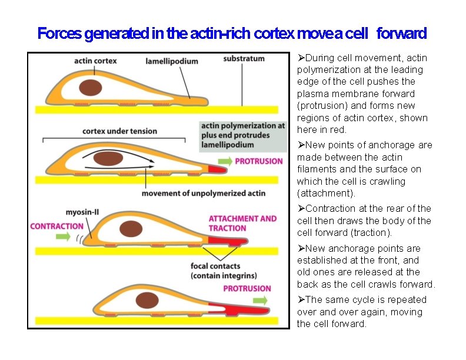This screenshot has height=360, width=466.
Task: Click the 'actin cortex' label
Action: coord(95,61)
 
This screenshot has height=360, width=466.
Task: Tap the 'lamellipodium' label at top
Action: coord(172,61)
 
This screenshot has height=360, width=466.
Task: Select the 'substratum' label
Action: coord(244,59)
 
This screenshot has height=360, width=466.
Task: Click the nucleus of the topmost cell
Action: coord(91,88)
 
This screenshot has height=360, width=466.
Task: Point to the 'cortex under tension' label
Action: coord(119,131)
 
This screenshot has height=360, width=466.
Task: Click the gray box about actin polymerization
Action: coord(242,135)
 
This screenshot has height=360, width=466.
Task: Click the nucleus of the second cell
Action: coord(109,158)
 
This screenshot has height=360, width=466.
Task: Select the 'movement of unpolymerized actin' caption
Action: coord(203,193)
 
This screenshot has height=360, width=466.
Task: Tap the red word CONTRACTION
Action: coord(56,226)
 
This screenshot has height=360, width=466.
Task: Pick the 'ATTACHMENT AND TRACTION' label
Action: coord(242,224)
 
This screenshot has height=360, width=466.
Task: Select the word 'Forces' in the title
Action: coord(59,34)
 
